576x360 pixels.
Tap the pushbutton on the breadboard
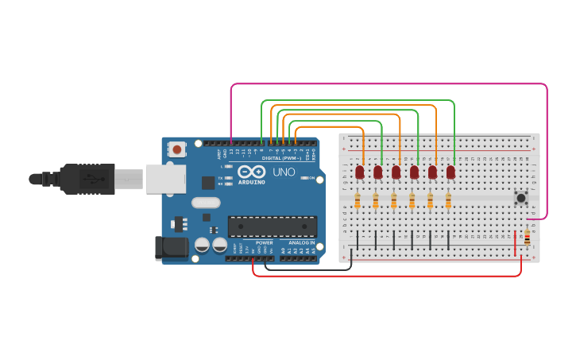coord(521,197)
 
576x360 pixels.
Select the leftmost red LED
coord(360,172)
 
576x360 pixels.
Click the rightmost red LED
coord(450,172)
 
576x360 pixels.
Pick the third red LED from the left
coord(396,172)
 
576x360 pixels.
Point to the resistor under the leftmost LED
coord(358,201)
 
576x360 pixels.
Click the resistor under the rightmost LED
coord(448,201)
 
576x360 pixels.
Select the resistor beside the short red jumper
coord(527,236)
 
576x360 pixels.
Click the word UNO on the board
coord(284,172)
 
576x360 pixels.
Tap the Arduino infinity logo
coord(252,172)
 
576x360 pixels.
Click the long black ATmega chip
coord(273,226)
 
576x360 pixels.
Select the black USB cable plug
coord(87,179)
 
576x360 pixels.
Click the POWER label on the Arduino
coord(265,242)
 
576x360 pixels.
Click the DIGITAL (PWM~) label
coord(288,158)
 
